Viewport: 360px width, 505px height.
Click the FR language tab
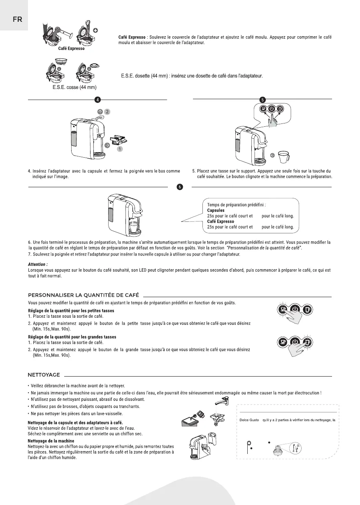[14, 19]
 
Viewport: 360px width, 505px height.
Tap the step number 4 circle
[98, 100]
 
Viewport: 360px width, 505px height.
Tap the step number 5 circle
[263, 100]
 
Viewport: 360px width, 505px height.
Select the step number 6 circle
[180, 187]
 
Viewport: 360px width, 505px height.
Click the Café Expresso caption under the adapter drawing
[71, 49]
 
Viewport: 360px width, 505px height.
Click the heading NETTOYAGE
[44, 375]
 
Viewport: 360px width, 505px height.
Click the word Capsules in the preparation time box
[216, 210]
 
